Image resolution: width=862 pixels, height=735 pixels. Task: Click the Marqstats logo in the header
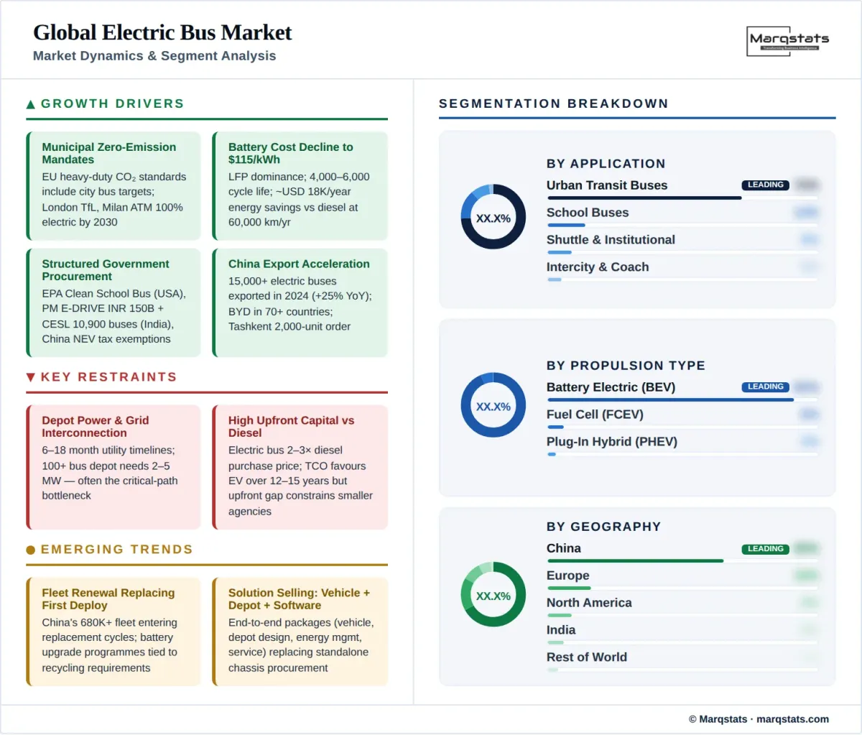coord(788,40)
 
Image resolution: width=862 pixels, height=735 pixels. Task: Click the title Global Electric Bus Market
coord(162,32)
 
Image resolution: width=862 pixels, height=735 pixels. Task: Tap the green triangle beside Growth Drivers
coord(31,104)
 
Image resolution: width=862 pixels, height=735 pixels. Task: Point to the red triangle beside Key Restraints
coord(31,377)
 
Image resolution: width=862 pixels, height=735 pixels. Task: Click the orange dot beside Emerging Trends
coord(31,550)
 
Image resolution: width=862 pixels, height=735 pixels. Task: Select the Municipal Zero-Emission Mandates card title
coord(108,153)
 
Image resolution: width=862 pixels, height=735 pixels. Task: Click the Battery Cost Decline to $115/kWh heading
coord(290,153)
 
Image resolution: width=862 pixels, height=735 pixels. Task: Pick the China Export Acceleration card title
coord(299,264)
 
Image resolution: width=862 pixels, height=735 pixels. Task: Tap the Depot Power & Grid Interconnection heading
coord(95,426)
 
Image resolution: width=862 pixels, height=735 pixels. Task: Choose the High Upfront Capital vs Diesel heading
coord(291,426)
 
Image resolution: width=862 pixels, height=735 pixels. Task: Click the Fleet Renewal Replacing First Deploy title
coord(108,598)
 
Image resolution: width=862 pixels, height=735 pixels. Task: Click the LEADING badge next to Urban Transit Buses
coord(765,185)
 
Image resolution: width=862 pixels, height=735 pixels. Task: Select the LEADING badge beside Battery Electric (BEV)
coord(765,387)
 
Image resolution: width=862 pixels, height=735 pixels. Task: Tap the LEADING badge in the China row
coord(765,549)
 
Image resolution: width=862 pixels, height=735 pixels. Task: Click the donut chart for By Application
coord(493,217)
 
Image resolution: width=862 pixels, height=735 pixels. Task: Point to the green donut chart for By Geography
coord(493,594)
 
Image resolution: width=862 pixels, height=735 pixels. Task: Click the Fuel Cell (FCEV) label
coord(595,415)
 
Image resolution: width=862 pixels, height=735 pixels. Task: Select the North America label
coord(589,603)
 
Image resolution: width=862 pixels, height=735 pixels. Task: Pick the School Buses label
coord(588,213)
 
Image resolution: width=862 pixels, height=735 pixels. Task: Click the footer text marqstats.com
coord(792,719)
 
